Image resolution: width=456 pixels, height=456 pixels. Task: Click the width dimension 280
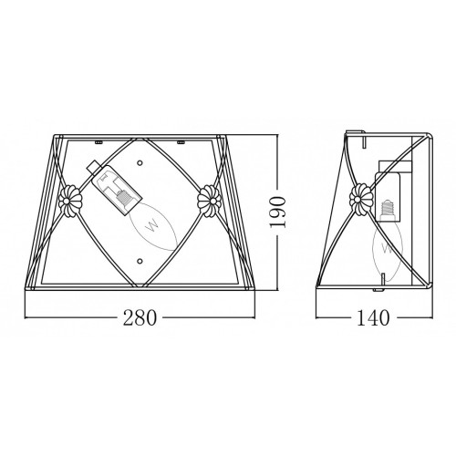coord(140,317)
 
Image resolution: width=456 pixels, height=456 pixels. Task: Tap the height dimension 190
coord(277,212)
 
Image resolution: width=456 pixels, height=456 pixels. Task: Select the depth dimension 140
coord(373,317)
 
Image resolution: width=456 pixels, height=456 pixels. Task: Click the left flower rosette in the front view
coord(69,201)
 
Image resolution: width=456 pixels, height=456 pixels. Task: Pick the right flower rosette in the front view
coord(209,201)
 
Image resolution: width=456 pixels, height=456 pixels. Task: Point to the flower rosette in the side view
coord(361,199)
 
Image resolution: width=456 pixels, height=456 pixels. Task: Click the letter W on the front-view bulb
coord(153,225)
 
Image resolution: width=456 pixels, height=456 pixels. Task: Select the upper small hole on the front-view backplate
coord(140,162)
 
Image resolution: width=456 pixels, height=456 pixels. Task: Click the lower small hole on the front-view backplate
coord(140,261)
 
